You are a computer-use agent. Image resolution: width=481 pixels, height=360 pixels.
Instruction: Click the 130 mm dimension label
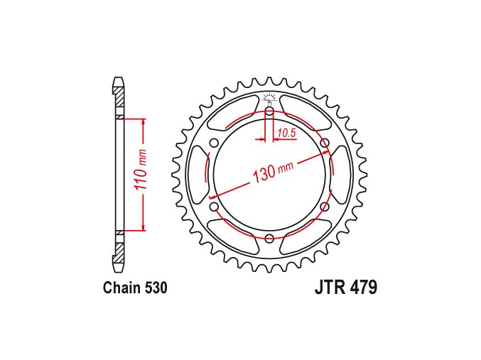tap(273, 171)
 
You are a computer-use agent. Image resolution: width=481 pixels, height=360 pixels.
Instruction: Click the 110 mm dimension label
tap(141, 173)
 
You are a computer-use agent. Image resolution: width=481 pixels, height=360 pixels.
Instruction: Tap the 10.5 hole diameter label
tap(286, 133)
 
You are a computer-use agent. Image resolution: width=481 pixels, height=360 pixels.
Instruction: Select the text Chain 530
tap(135, 288)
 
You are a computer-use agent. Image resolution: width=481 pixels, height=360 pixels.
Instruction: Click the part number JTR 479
tap(346, 288)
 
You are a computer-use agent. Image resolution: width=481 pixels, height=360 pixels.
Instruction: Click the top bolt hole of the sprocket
tap(269, 111)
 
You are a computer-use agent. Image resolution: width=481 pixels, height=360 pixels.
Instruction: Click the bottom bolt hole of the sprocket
tap(269, 238)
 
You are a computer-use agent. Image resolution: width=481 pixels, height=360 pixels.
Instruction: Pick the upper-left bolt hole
tap(214, 143)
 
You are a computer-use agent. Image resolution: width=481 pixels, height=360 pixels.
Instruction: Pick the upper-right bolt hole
tap(325, 143)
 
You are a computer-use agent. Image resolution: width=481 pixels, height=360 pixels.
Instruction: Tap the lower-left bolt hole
tap(214, 207)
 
